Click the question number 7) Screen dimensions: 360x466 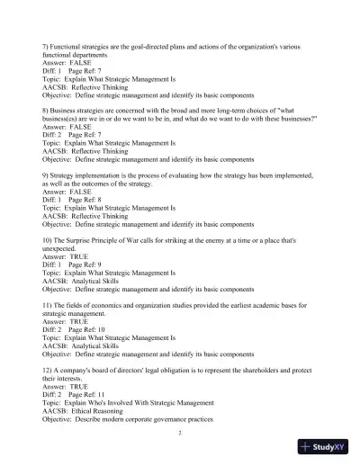tap(47, 44)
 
